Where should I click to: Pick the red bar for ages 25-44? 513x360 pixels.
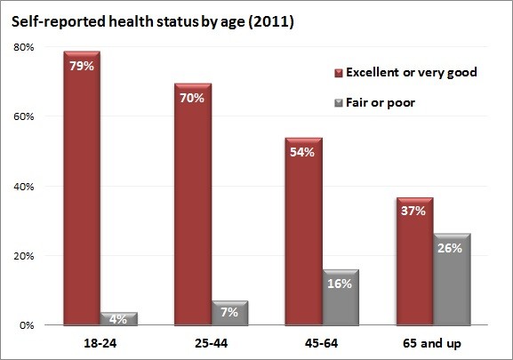[193, 204]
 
